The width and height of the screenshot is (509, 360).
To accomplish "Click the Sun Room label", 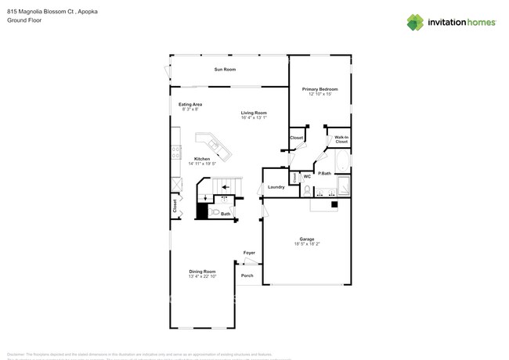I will tap(225, 70).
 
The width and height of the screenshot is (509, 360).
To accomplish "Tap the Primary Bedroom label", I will tap(319, 89).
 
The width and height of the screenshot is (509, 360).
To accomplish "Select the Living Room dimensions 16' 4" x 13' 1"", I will tap(254, 117).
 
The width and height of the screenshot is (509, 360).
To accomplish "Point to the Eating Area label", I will tap(190, 104).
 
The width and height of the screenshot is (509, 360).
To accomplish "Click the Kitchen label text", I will tap(202, 159).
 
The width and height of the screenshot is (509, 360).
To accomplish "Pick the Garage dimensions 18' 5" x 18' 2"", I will tap(307, 244).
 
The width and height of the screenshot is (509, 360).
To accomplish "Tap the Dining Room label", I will tap(202, 272).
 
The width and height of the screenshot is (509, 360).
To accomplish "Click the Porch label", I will tap(247, 275).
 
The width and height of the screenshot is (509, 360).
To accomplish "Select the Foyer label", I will tap(249, 253).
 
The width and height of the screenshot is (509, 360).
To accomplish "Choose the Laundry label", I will tap(276, 187).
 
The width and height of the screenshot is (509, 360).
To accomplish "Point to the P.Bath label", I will tap(324, 173).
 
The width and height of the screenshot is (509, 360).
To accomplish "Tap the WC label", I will tap(307, 177).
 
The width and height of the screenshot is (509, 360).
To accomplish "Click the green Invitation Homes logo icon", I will tap(415, 22).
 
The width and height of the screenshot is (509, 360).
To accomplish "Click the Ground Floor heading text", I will tap(24, 20).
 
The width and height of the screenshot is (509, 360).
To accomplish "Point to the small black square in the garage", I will tap(334, 205).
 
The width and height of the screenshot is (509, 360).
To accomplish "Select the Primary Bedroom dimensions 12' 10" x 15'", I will tap(319, 94).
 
